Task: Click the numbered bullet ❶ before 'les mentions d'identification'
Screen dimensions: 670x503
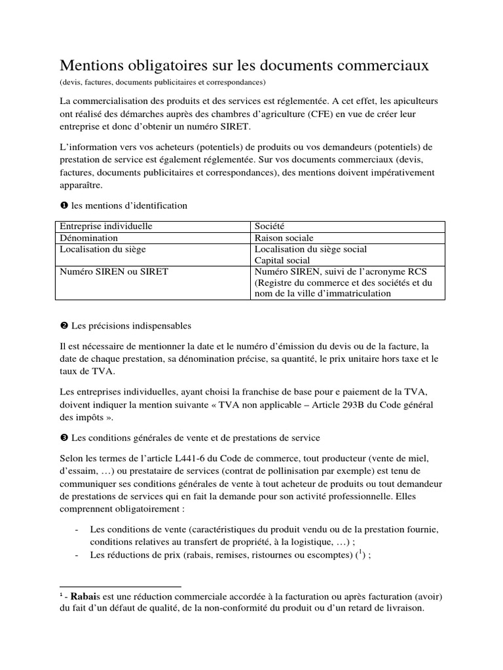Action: (64, 205)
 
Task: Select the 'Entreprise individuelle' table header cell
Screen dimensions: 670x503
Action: (106, 226)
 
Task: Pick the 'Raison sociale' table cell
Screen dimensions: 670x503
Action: (284, 238)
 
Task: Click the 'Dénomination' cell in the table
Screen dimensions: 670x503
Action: (89, 238)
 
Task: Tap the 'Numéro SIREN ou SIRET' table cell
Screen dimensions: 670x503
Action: (114, 271)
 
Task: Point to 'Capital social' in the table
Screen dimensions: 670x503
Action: (283, 260)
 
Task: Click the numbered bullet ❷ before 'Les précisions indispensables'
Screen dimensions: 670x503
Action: (64, 326)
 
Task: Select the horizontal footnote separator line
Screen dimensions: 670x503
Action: (120, 586)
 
